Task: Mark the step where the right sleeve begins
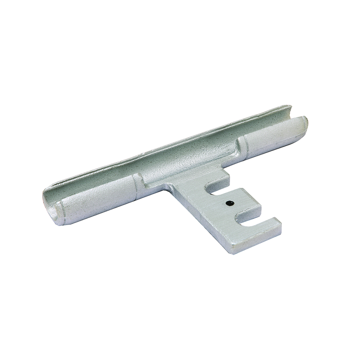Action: [240, 146]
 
